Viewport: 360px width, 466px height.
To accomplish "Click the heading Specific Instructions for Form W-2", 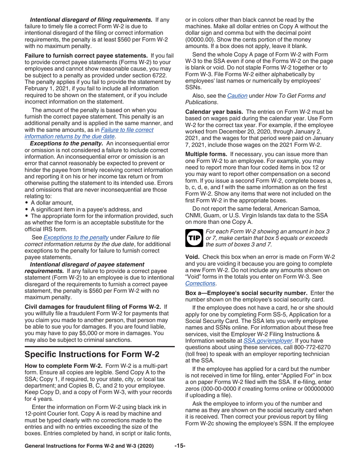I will click(x=92, y=355).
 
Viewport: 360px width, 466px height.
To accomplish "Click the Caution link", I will click(x=237, y=95).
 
